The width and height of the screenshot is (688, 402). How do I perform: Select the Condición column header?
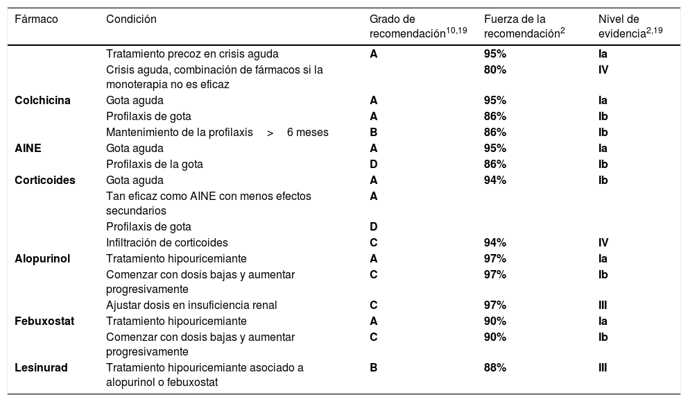tap(131, 19)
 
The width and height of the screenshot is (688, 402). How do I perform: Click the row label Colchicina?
tap(42, 100)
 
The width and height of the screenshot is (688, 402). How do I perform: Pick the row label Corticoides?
tap(45, 180)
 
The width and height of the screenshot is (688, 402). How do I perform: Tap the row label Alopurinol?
tap(42, 259)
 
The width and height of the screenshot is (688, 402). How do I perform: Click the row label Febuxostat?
tap(44, 321)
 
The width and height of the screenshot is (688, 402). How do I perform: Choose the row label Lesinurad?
tap(42, 368)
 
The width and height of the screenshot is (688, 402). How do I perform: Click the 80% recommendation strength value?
tap(495, 69)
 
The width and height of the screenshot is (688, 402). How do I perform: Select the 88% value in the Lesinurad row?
tap(495, 368)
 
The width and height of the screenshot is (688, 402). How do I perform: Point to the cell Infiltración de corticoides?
tap(167, 242)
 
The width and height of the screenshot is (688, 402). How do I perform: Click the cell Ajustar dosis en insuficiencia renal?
tap(191, 305)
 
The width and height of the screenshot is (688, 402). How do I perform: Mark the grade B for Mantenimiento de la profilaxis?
tap(374, 132)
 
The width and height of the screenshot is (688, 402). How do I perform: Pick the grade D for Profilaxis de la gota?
tap(374, 164)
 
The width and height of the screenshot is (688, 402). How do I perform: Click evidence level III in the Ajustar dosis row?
tap(603, 305)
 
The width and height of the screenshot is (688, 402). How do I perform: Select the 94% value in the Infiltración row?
tap(495, 242)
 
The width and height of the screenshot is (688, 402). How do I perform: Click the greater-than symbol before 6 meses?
tap(270, 132)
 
